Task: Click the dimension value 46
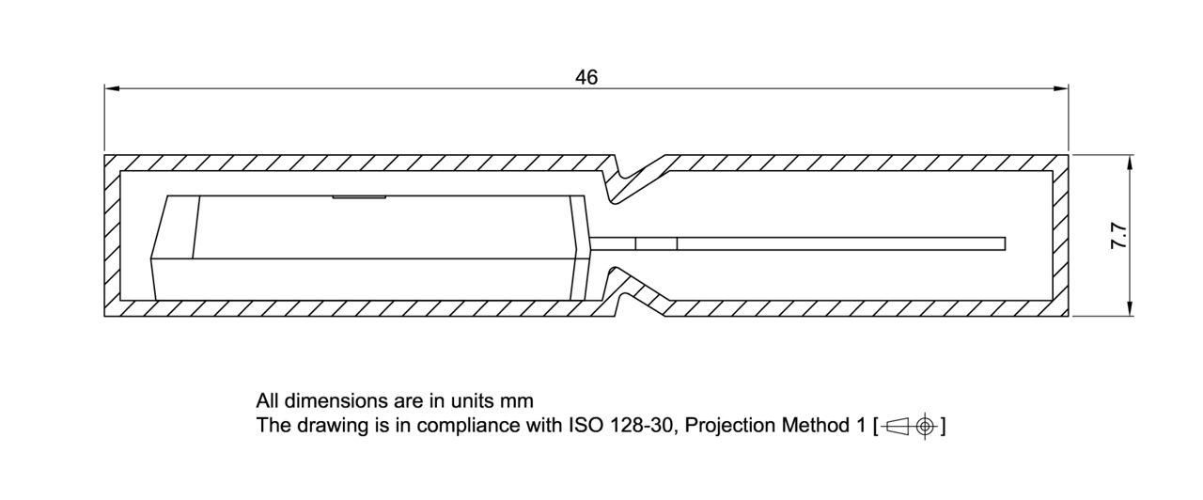586,77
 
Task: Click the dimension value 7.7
1119,235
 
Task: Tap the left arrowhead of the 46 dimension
112,88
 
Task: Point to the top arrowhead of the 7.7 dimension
1130,162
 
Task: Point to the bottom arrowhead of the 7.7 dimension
1130,309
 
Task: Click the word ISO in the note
584,426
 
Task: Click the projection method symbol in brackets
910,427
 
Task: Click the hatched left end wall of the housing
112,235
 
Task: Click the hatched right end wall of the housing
1060,235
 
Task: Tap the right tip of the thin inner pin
1003,243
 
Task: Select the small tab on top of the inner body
358,197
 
